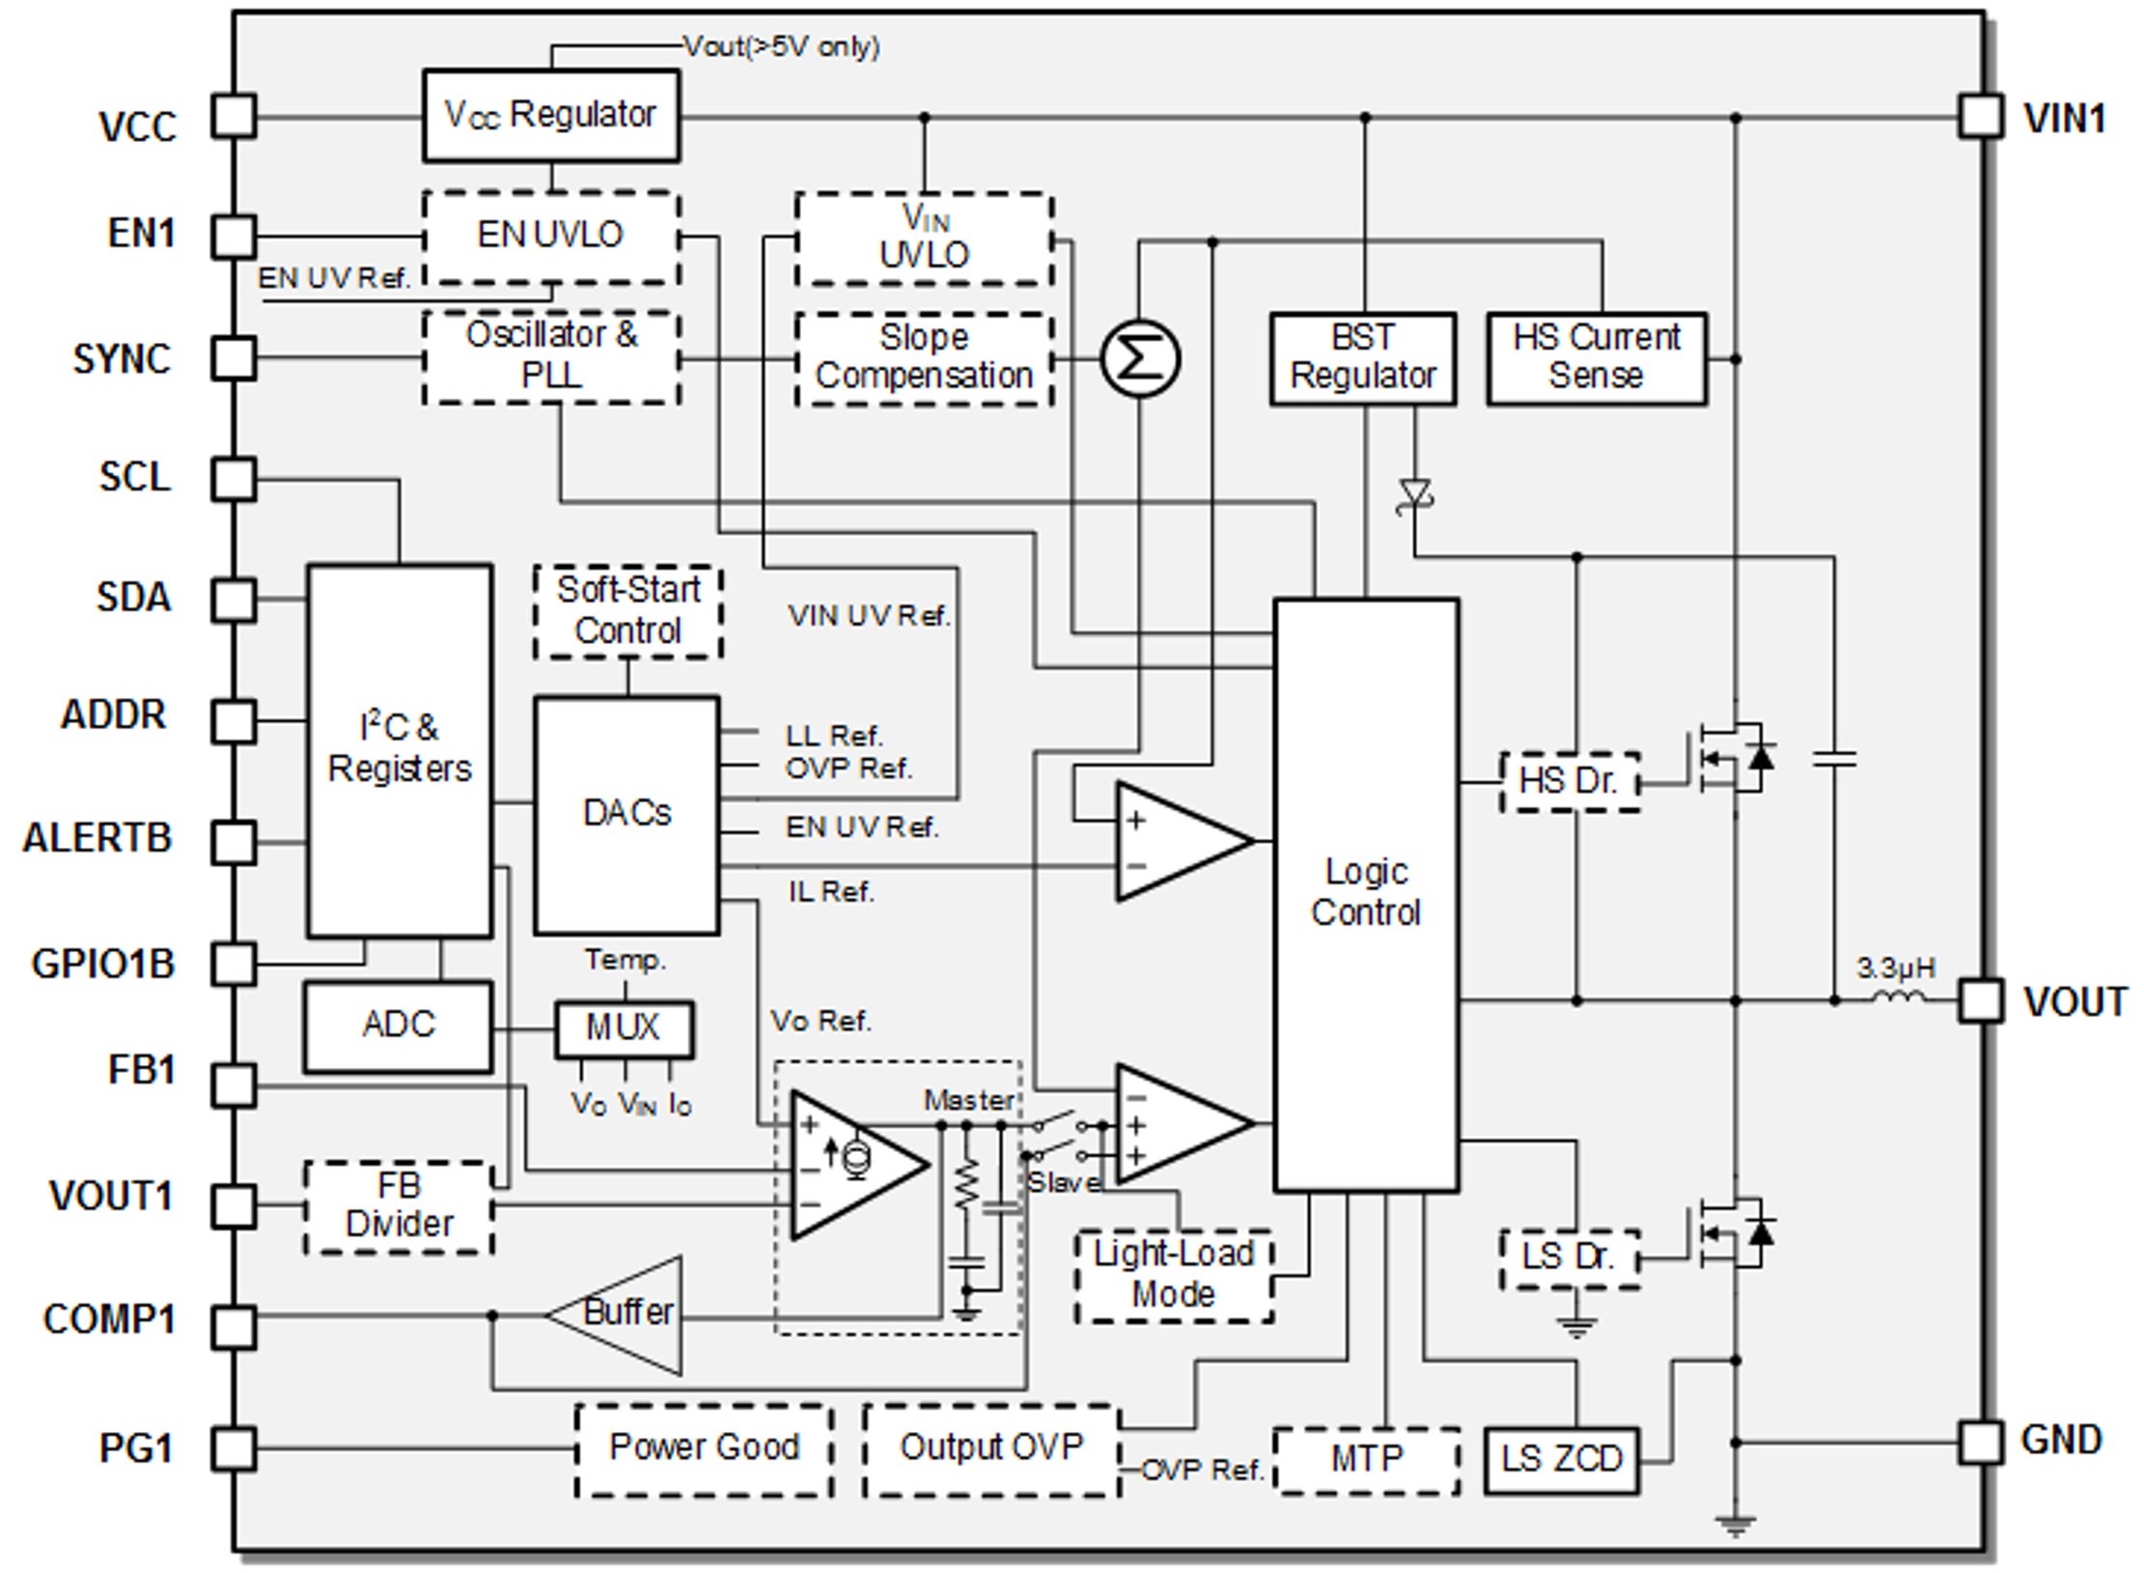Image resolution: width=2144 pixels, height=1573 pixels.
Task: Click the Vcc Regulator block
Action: click(550, 115)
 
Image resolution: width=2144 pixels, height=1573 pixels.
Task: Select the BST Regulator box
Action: click(1362, 358)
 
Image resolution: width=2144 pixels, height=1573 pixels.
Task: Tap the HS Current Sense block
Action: click(1596, 358)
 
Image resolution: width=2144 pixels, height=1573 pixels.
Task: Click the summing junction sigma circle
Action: click(1139, 358)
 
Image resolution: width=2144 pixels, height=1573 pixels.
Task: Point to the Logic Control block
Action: click(1365, 893)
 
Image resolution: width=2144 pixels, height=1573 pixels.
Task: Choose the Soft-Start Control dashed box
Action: click(627, 611)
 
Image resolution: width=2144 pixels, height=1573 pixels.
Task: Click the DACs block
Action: click(626, 814)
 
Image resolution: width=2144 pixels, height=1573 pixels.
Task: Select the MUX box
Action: click(624, 1028)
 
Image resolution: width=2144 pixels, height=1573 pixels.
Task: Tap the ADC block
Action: click(398, 1025)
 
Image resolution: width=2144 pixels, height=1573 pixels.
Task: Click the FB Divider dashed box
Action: click(399, 1206)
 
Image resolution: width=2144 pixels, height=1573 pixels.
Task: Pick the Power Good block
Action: click(704, 1448)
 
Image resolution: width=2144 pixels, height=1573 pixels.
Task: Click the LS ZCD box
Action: click(1561, 1459)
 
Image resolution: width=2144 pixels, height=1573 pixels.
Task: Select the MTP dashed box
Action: click(1366, 1459)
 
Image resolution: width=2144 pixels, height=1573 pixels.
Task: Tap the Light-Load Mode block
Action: click(1173, 1275)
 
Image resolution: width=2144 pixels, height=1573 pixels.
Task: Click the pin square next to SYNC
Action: click(234, 358)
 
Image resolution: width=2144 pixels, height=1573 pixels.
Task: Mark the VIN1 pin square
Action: click(1980, 117)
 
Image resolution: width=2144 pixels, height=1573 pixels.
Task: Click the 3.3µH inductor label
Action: click(1896, 968)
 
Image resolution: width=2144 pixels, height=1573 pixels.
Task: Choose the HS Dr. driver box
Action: click(1569, 780)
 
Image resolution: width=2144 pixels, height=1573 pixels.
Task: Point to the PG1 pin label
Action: click(136, 1448)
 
